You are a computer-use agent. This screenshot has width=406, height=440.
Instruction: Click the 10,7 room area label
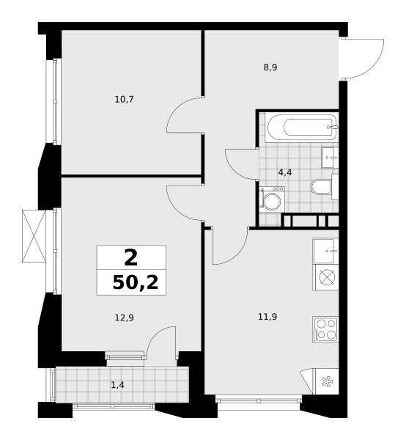pos(124,99)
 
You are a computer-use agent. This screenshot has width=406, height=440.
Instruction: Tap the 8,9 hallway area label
pos(270,67)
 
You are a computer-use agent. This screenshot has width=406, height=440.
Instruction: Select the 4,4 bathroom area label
pos(285,172)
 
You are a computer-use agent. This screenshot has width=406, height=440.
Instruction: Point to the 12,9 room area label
pos(124,318)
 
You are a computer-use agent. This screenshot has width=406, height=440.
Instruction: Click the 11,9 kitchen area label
pos(267,317)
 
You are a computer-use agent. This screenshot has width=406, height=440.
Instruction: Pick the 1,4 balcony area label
pos(117,385)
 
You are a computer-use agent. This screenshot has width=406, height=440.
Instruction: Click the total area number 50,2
pos(136,282)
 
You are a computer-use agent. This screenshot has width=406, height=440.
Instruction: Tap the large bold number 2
pos(131,258)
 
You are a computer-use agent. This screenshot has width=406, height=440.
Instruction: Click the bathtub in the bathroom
pos(302,128)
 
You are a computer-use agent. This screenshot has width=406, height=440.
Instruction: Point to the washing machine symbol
pos(272,199)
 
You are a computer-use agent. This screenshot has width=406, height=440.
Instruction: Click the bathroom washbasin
pos(330,158)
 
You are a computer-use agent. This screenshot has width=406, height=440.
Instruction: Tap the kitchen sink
pos(325,251)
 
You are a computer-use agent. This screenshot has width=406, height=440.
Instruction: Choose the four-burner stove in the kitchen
pos(325,329)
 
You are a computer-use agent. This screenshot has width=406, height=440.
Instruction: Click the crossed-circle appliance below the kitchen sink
pos(327,277)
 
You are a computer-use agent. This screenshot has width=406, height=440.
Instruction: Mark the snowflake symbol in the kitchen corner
pos(326,381)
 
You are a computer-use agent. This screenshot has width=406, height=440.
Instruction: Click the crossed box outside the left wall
pos(34,236)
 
